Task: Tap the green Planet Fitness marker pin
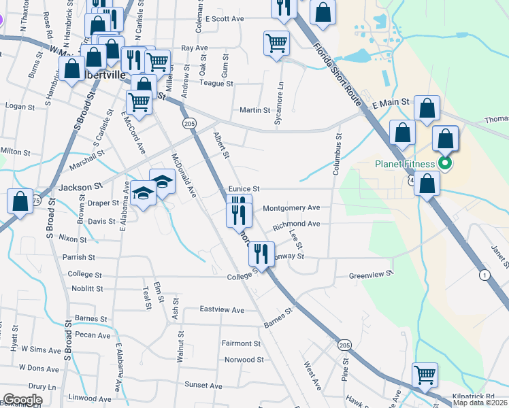click(446, 163)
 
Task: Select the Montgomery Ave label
click(291, 207)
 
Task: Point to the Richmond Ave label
click(296, 223)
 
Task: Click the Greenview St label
click(371, 275)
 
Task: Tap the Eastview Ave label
click(222, 309)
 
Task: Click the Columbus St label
click(336, 155)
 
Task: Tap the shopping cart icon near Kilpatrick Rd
click(425, 374)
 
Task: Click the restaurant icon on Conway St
click(261, 254)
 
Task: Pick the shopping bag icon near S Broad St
click(20, 201)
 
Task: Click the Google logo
click(23, 400)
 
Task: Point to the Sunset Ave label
click(199, 385)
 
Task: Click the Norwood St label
click(244, 359)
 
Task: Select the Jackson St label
click(80, 185)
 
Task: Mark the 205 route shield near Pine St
click(345, 345)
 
